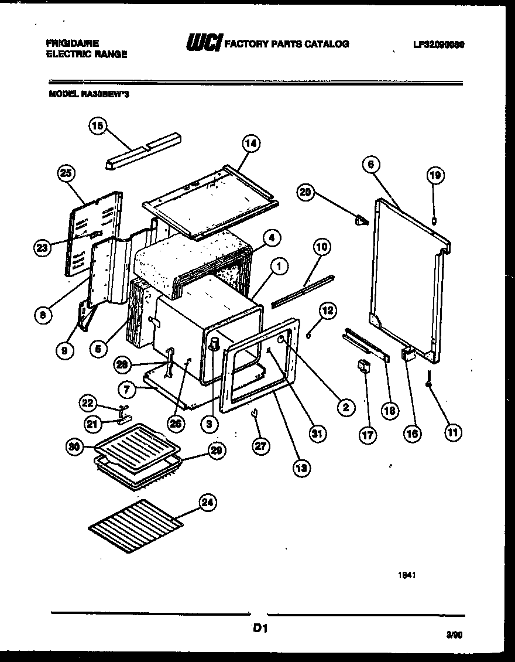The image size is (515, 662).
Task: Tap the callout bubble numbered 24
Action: (208, 502)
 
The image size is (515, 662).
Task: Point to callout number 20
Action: (304, 193)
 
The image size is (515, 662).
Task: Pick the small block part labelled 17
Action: (363, 367)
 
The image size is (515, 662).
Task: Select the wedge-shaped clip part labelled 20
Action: (361, 220)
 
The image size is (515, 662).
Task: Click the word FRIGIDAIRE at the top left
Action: (72, 43)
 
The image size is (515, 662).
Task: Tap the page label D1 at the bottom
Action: (260, 629)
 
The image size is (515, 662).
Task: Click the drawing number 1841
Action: (407, 575)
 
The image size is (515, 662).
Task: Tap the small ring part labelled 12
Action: (308, 336)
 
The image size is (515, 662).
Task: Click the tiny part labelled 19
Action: (434, 220)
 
